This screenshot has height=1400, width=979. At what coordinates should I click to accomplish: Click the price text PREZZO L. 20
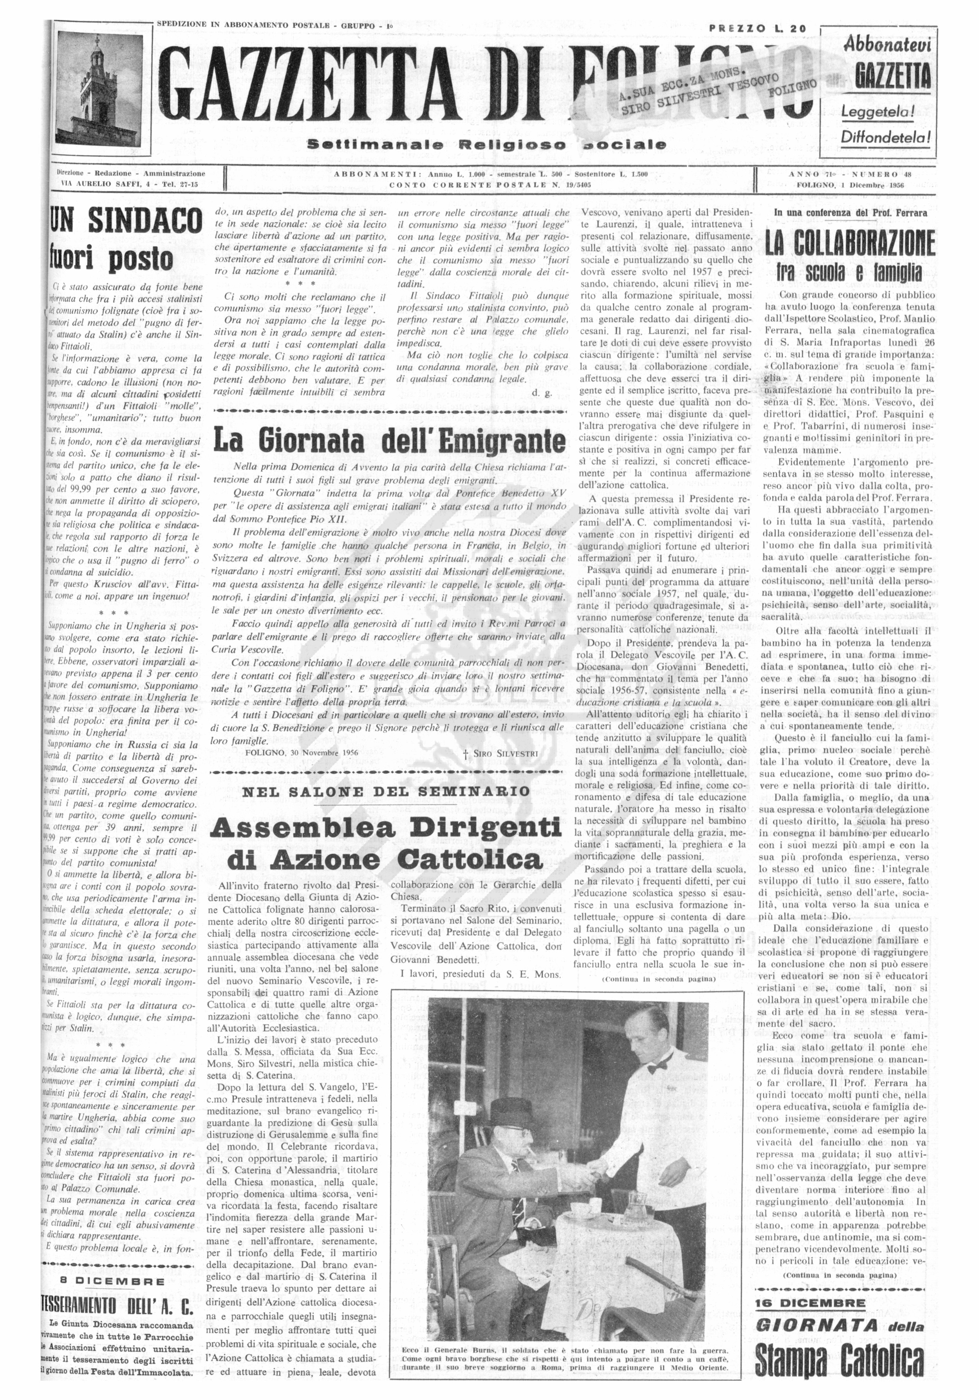(x=757, y=28)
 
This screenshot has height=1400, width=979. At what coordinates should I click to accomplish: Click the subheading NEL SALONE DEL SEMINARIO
(x=387, y=791)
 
